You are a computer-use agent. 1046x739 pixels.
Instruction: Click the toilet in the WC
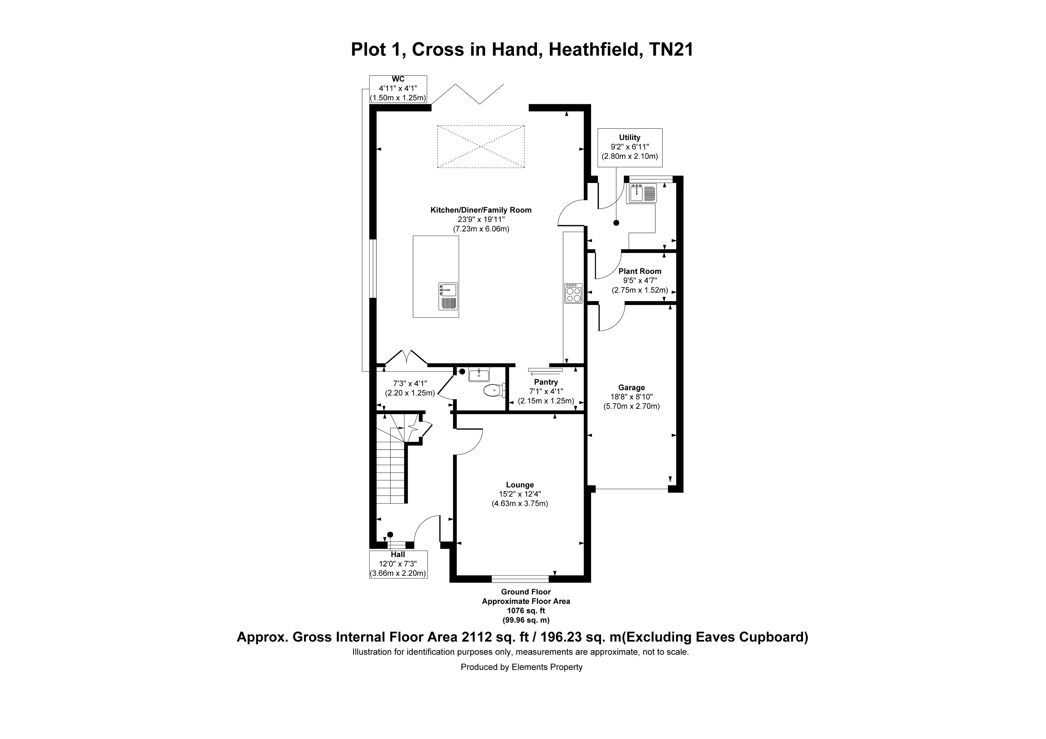[x=494, y=390]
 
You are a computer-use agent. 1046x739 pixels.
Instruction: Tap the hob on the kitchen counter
[x=573, y=293]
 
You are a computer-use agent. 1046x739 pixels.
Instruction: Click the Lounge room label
[x=520, y=485]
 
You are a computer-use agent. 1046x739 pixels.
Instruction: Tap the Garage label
[x=631, y=388]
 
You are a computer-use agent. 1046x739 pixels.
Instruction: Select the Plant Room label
[x=640, y=271]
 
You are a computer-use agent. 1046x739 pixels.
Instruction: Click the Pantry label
[x=546, y=382]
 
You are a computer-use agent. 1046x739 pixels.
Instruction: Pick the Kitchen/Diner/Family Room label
[x=481, y=210]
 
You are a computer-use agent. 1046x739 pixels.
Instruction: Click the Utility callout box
[x=630, y=147]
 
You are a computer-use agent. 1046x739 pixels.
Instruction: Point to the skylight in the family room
[x=481, y=147]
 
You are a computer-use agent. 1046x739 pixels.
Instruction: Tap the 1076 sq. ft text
[x=526, y=610]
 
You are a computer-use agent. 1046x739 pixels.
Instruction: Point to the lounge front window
[x=520, y=579]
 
